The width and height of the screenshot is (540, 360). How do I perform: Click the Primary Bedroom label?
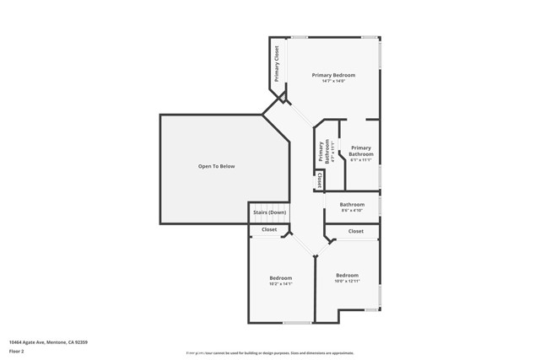[x=333, y=75]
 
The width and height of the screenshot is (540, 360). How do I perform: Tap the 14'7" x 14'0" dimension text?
[x=333, y=81]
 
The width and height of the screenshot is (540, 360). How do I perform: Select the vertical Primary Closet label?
[x=276, y=61]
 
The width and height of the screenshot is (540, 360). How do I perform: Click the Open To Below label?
[x=216, y=166]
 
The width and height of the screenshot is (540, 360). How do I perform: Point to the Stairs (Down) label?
[x=269, y=212]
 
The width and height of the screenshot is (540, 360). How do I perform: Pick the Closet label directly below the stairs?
[x=269, y=229]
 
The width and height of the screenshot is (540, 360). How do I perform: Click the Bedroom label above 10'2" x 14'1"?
[x=281, y=278]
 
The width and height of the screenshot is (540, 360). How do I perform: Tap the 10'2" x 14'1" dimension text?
[x=281, y=284]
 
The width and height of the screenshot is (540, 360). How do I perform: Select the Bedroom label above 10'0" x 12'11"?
[x=347, y=275]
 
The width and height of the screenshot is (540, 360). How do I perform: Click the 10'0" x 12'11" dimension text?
[x=347, y=281]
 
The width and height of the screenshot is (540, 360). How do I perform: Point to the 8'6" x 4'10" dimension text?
[x=352, y=211]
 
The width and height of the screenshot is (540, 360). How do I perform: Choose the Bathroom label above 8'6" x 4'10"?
[x=352, y=205]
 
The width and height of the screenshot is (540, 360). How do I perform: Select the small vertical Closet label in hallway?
[x=320, y=180]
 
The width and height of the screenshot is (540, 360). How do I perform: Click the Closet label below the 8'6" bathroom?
[x=356, y=231]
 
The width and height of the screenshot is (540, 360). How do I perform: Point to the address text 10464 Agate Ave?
[x=48, y=342]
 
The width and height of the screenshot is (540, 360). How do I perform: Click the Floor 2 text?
[x=16, y=351]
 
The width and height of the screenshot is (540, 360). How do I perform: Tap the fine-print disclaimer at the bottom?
[x=270, y=353]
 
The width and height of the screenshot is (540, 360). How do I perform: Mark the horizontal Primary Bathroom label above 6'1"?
[x=361, y=151]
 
